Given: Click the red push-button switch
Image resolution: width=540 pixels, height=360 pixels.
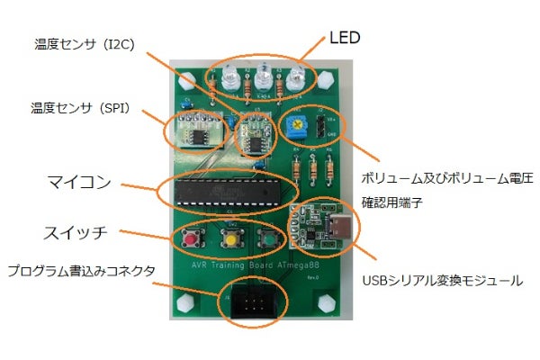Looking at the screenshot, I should [191, 239].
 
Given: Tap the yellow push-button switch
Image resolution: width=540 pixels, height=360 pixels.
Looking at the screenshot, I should [230, 240].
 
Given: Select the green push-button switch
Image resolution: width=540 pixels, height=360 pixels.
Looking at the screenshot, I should [267, 240].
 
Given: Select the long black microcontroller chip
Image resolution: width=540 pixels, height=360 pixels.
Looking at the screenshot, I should [229, 190].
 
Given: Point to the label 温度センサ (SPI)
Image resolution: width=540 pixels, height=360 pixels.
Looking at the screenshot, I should [80, 109].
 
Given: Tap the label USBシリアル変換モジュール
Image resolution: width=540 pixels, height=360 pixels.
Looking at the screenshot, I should [441, 281].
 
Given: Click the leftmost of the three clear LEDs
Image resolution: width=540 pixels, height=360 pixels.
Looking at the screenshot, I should [228, 79].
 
